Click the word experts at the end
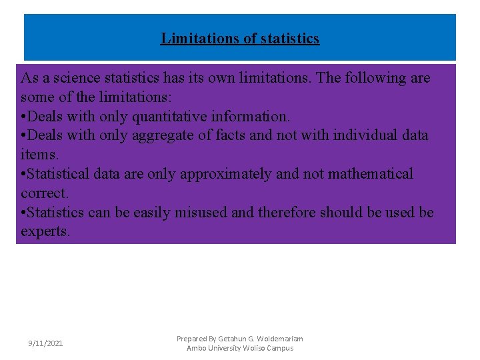point(45,232)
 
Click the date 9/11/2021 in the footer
point(45,343)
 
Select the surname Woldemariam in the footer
point(279,339)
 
